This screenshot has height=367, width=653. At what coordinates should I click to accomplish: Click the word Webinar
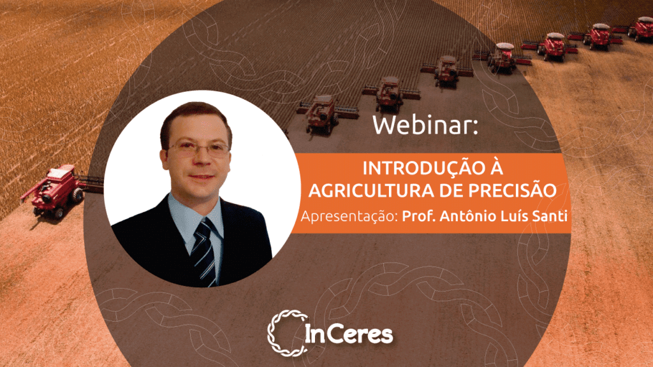[425, 124]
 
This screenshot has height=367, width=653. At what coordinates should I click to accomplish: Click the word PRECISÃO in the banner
[512, 190]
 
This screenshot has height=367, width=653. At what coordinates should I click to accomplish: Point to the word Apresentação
[349, 217]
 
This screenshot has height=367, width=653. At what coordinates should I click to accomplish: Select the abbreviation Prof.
[418, 216]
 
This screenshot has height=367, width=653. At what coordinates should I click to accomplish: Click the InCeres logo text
[349, 334]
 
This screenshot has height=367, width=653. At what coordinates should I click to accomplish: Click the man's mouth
[202, 177]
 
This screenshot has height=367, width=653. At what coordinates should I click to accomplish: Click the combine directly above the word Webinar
[390, 94]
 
